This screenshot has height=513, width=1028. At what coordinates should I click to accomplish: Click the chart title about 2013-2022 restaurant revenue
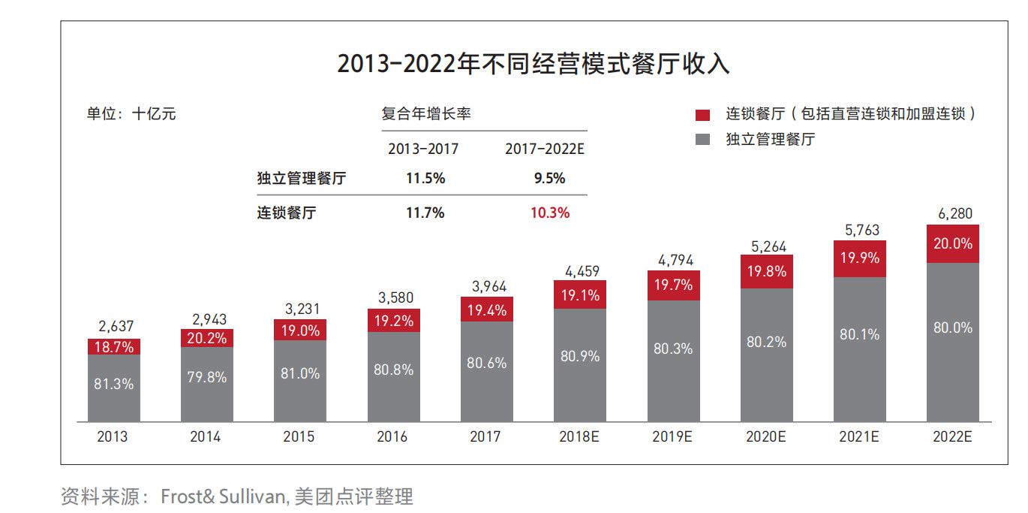pyautogui.click(x=533, y=64)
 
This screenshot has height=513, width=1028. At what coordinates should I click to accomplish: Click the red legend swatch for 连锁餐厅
pyautogui.click(x=702, y=115)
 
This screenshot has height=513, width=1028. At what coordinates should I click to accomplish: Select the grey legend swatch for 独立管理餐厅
pyautogui.click(x=702, y=139)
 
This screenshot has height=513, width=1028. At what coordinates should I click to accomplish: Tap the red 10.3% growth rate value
pyautogui.click(x=550, y=213)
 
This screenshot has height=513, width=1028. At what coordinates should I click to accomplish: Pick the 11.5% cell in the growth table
pyautogui.click(x=425, y=178)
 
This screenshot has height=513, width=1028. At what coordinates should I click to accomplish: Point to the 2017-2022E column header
pyautogui.click(x=544, y=149)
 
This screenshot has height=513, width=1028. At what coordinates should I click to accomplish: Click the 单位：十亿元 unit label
pyautogui.click(x=131, y=114)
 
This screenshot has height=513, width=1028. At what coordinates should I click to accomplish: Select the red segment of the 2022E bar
pyautogui.click(x=953, y=243)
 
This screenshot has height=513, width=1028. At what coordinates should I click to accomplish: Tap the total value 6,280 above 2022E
pyautogui.click(x=954, y=214)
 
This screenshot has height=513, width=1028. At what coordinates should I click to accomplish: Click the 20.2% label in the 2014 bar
pyautogui.click(x=207, y=338)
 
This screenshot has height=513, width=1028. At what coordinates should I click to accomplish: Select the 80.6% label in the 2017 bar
pyautogui.click(x=487, y=363)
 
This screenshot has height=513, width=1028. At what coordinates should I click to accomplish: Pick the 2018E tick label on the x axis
pyautogui.click(x=579, y=436)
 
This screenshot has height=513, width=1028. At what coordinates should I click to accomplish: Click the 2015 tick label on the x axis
pyautogui.click(x=299, y=436)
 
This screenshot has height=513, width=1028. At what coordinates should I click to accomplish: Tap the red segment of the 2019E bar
pyautogui.click(x=673, y=285)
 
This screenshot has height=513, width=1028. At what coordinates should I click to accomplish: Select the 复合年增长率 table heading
pyautogui.click(x=425, y=114)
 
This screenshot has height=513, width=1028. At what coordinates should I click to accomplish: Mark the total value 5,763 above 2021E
pyautogui.click(x=860, y=230)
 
